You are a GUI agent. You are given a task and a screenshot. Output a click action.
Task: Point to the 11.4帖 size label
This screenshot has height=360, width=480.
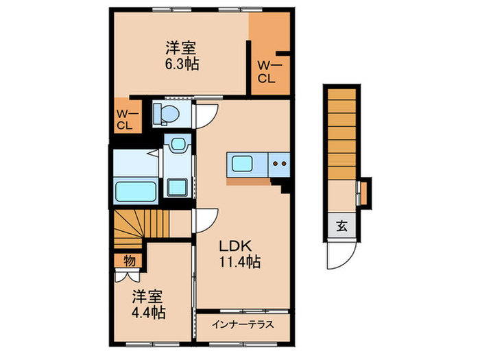point(239,262)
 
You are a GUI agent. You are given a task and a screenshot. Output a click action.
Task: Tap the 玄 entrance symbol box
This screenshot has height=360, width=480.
point(341,225)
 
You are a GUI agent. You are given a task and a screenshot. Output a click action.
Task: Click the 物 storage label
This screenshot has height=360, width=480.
point(129,261)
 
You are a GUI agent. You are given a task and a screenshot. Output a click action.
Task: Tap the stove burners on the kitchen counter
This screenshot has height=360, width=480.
point(278,164)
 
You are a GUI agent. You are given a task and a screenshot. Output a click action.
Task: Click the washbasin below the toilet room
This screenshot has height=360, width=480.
point(179,145)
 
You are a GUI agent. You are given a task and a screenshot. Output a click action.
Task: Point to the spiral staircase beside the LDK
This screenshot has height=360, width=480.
point(141,225)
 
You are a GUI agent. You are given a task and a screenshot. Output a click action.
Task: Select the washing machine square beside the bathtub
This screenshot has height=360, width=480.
point(179,185)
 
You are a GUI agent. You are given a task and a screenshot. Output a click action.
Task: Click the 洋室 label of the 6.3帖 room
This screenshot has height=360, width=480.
point(181,49)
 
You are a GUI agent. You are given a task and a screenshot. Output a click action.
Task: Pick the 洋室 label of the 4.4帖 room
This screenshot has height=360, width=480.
point(147,297)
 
